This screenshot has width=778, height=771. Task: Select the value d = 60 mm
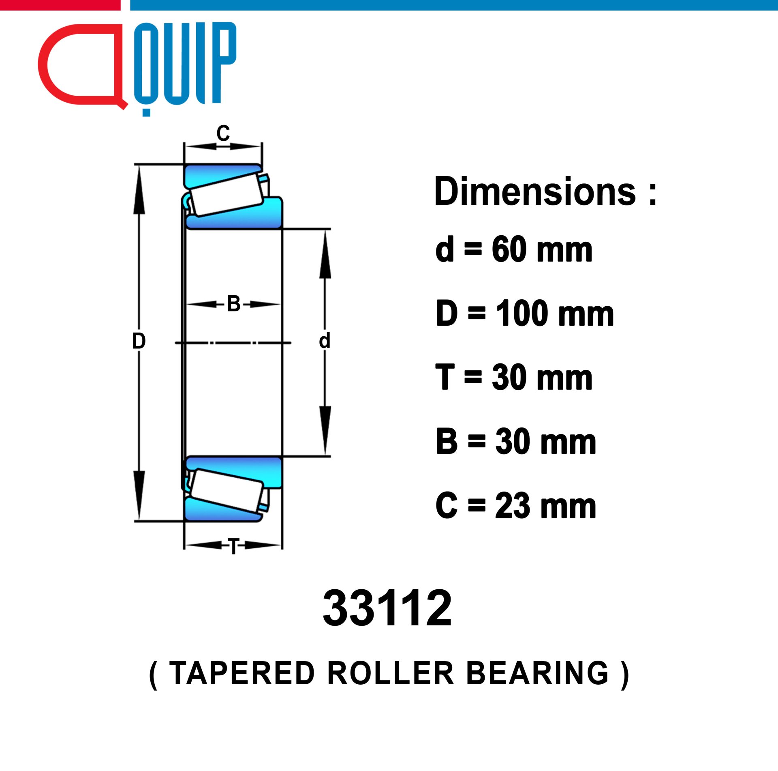tap(514, 249)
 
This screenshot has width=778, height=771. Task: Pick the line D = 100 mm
tap(525, 313)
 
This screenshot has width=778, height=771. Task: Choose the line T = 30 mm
tap(514, 377)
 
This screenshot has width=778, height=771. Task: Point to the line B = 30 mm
tap(516, 441)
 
